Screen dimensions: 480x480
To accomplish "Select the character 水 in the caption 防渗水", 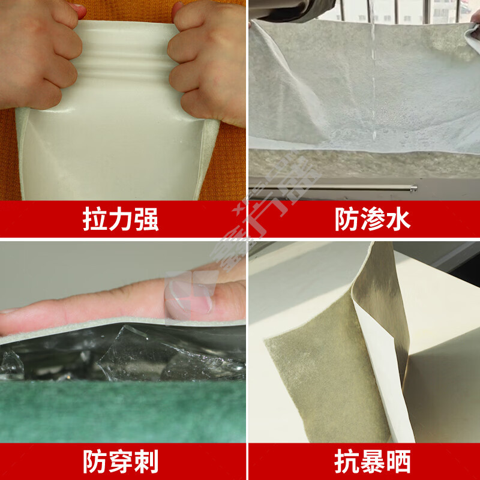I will [398, 220].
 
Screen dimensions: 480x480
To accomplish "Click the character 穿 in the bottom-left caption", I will [120, 462].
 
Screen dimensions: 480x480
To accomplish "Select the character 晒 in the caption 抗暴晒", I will [398, 462].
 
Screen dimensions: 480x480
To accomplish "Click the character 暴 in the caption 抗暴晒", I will [372, 462].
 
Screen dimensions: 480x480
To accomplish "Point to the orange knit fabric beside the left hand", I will [9, 150].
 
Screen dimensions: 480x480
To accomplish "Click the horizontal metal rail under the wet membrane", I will [360, 188].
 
